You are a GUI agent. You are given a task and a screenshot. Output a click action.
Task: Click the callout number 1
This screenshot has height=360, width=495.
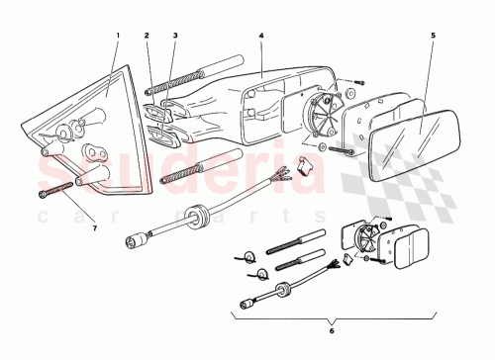coord(117,36)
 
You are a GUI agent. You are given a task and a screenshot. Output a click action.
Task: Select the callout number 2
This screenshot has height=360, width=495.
coord(146,36)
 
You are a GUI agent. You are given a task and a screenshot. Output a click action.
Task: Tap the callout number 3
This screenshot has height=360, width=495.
coord(174,36)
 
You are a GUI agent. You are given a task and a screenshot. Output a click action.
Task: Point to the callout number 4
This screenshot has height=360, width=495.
coord(261,36)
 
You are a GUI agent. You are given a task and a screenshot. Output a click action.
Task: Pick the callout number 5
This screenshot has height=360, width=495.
coord(433,36)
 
